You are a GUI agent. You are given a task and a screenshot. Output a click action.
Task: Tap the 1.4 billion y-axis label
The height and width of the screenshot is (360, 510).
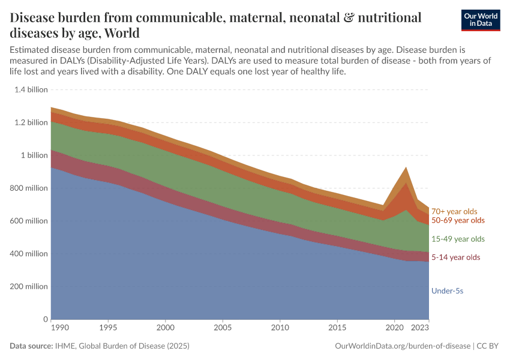[29, 90]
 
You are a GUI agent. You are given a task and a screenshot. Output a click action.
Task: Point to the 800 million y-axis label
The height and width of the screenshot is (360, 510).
[28, 188]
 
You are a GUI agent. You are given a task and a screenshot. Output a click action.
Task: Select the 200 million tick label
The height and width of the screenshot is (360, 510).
[28, 287]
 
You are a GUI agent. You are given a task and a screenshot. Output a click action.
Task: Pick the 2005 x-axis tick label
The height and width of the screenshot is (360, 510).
[223, 328]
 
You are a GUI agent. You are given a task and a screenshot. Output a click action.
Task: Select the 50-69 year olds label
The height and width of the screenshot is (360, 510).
[458, 220]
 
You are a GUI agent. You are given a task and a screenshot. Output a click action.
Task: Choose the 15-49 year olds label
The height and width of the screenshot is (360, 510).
[458, 239]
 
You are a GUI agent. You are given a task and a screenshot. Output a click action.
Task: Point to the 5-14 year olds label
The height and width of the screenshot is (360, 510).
[456, 257]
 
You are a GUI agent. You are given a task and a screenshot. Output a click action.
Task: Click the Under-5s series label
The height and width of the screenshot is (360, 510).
[447, 291]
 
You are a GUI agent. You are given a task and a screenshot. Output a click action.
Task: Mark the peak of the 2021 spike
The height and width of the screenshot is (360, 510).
[406, 167]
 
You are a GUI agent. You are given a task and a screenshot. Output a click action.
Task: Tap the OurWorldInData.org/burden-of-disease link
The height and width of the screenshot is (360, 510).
[401, 346]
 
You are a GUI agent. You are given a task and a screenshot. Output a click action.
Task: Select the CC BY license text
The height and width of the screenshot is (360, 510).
[488, 346]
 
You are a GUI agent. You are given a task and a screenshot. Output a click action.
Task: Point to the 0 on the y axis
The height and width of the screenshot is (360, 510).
[44, 319]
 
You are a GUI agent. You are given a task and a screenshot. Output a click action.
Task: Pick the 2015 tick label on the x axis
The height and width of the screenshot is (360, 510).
[337, 328]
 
